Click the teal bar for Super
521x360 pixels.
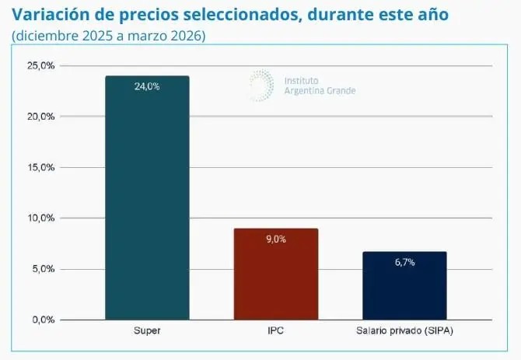pyautogui.click(x=147, y=197)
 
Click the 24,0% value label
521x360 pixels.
pyautogui.click(x=147, y=86)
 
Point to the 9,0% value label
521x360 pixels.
pyautogui.click(x=275, y=239)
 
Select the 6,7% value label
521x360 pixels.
pyautogui.click(x=404, y=262)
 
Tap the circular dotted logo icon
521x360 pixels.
pyautogui.click(x=261, y=84)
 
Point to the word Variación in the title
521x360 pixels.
pyautogui.click(x=51, y=15)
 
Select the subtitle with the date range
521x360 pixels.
pyautogui.click(x=109, y=37)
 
